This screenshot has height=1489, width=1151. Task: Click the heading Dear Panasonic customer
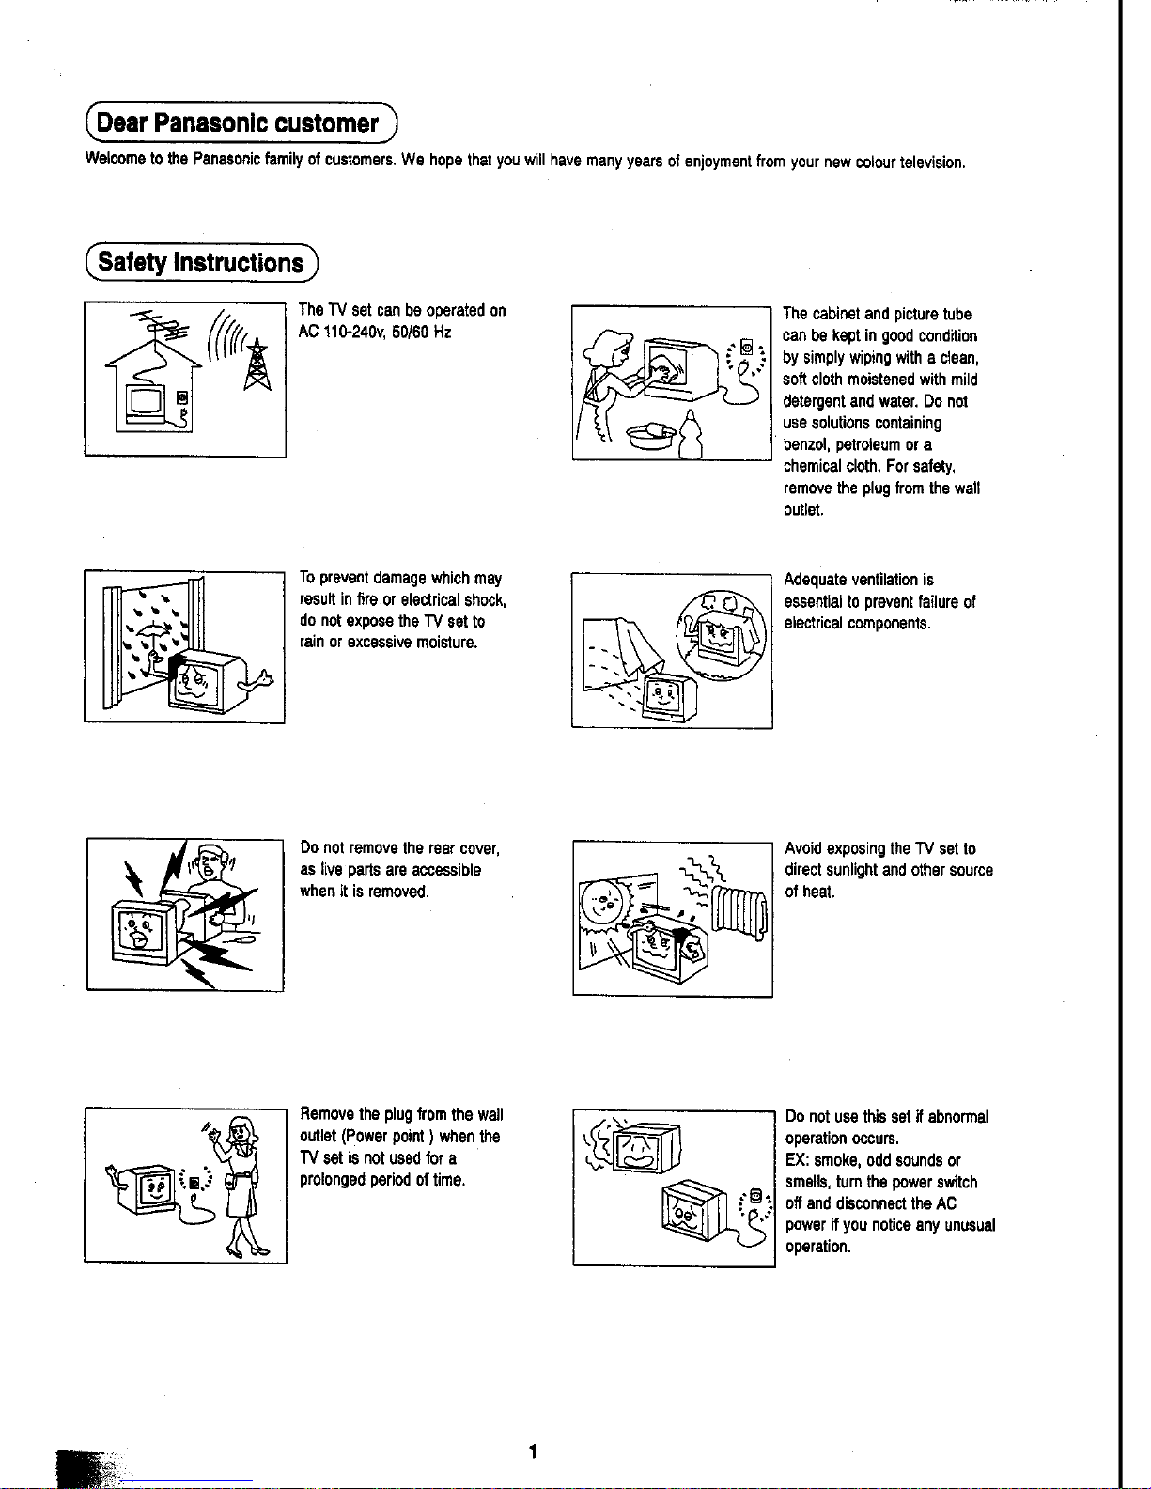238,123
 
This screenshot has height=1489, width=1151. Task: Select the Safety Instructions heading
200,262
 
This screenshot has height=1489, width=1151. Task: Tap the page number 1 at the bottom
532,1451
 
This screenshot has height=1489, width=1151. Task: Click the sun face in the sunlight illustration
602,903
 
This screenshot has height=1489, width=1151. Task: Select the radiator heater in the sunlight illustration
739,915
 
